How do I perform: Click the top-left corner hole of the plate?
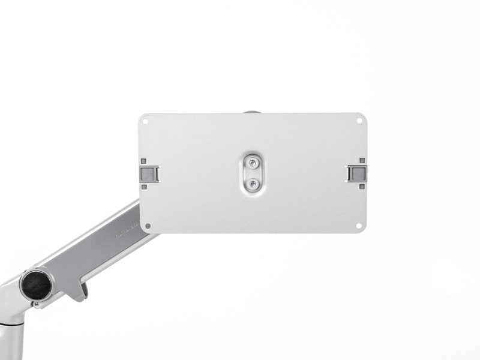pos(145,121)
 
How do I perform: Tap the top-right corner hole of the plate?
pos(359,121)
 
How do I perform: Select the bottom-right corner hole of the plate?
pos(359,226)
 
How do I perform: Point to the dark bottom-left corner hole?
pos(147,227)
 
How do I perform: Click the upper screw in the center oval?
pos(253,162)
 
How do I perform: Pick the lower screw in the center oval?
pos(253,184)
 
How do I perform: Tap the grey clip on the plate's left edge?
pos(149,173)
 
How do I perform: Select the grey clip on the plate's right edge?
pos(356,173)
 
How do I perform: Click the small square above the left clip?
pos(144,161)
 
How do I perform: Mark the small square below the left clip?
pos(144,187)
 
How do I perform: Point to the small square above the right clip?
pos(362,161)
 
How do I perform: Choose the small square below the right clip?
pos(362,187)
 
